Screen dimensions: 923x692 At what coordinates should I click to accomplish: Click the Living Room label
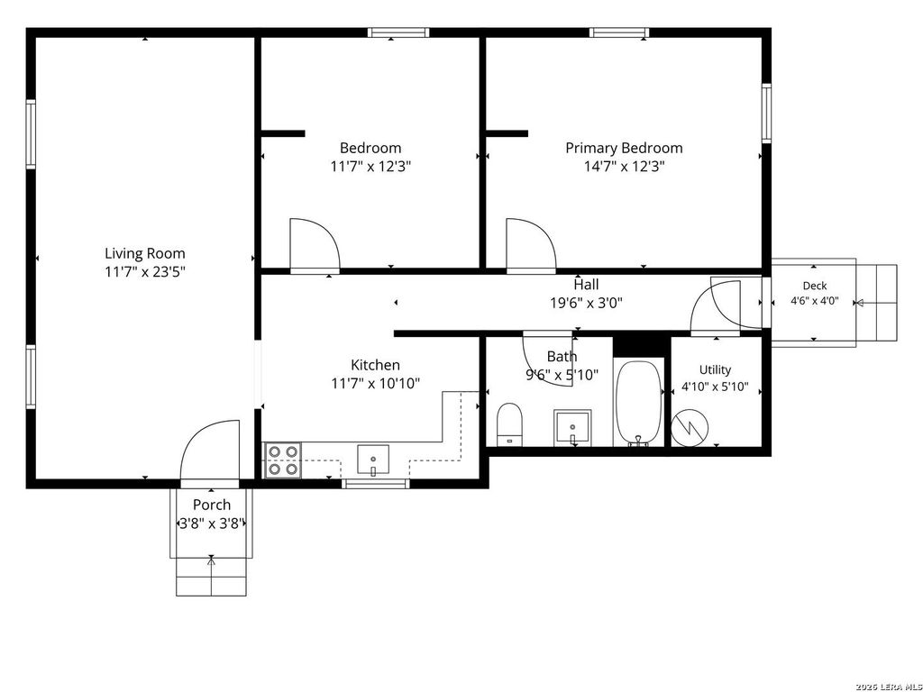click(145, 253)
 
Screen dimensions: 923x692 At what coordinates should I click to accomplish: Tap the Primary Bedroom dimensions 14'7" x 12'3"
click(624, 167)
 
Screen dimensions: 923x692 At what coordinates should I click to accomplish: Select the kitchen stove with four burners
click(283, 460)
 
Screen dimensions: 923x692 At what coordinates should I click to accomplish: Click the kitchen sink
click(373, 460)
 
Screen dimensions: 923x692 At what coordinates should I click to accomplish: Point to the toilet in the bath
click(510, 424)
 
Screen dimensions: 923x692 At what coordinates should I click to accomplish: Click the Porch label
click(212, 505)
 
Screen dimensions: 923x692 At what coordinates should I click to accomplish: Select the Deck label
click(815, 286)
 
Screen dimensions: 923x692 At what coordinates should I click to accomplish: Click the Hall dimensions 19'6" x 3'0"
click(586, 303)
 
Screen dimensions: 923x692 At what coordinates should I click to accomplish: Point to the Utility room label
click(715, 369)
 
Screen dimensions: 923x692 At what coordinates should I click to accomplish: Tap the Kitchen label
click(376, 365)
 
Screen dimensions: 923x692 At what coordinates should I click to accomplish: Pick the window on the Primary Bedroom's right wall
click(766, 113)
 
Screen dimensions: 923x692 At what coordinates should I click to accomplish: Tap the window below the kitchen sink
click(376, 484)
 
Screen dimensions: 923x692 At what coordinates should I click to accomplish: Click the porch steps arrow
click(211, 575)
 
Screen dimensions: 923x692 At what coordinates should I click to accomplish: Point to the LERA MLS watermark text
click(889, 686)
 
